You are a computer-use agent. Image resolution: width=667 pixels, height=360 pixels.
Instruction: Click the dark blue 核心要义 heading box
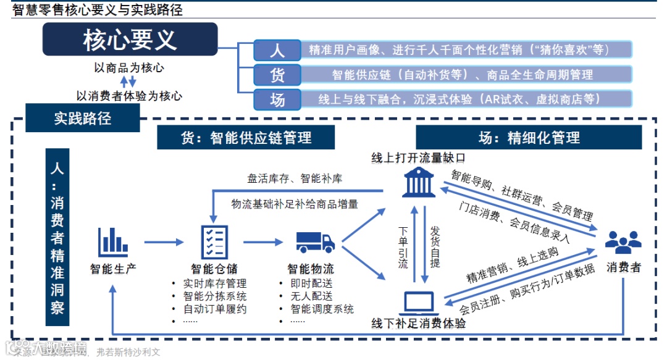(x=130, y=40)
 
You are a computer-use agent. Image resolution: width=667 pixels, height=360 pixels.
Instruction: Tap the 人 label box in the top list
(x=277, y=50)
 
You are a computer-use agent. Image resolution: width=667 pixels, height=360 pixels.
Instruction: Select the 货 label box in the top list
(x=277, y=75)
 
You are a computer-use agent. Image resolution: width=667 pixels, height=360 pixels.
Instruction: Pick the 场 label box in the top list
(x=277, y=99)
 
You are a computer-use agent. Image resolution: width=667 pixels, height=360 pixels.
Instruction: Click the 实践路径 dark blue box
(x=83, y=117)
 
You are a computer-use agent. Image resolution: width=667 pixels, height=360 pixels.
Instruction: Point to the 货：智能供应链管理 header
(x=246, y=137)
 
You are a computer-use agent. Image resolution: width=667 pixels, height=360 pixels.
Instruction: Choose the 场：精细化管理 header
(x=529, y=137)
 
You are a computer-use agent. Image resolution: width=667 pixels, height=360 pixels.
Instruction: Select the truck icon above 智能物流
(x=315, y=241)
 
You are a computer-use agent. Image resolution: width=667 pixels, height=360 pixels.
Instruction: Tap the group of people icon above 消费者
(x=623, y=241)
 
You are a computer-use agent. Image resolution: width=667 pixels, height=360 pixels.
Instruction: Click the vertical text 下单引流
(x=403, y=246)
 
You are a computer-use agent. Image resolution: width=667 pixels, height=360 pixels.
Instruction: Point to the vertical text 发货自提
(x=435, y=246)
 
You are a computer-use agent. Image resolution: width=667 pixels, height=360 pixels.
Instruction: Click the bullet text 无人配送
(x=311, y=296)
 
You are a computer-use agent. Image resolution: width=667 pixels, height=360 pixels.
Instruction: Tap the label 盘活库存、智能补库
(x=295, y=178)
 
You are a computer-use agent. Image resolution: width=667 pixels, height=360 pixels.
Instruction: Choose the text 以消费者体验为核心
(x=129, y=96)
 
